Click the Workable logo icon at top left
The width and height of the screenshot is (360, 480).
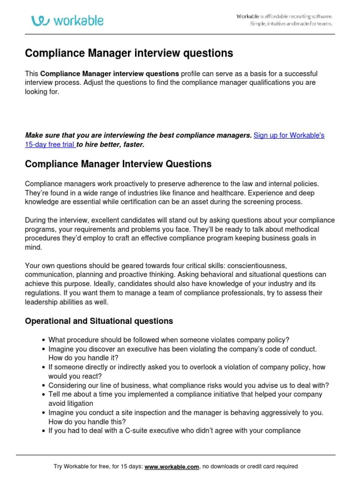[41, 21]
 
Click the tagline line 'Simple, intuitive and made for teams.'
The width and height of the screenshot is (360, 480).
[291, 24]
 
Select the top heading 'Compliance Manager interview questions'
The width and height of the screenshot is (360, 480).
[129, 53]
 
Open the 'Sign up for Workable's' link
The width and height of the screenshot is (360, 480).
[289, 135]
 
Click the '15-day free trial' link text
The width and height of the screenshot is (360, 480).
[50, 145]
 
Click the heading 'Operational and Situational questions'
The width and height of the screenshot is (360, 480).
[99, 321]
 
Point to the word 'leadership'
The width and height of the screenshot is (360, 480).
[42, 302]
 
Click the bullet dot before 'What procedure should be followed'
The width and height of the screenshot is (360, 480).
[43, 340]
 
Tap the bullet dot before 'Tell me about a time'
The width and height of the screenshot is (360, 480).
[43, 395]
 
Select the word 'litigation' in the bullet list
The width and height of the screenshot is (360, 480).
[77, 404]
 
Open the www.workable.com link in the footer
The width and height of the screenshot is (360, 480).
[172, 466]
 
